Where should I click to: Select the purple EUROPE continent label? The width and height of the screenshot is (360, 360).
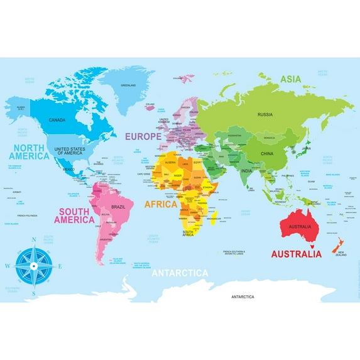pyautogui.click(x=143, y=135)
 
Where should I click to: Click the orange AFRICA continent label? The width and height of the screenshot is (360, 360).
pyautogui.click(x=161, y=204)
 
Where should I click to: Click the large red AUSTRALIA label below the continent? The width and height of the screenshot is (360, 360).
pyautogui.click(x=296, y=254)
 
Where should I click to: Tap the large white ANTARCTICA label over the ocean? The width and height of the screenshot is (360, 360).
pyautogui.click(x=180, y=273)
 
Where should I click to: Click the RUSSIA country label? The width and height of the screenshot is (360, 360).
pyautogui.click(x=265, y=114)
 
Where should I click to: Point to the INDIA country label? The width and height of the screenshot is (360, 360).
pyautogui.click(x=247, y=171)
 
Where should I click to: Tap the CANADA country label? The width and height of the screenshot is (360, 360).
pyautogui.click(x=57, y=119)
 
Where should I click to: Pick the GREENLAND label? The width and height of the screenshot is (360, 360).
pyautogui.click(x=128, y=84)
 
